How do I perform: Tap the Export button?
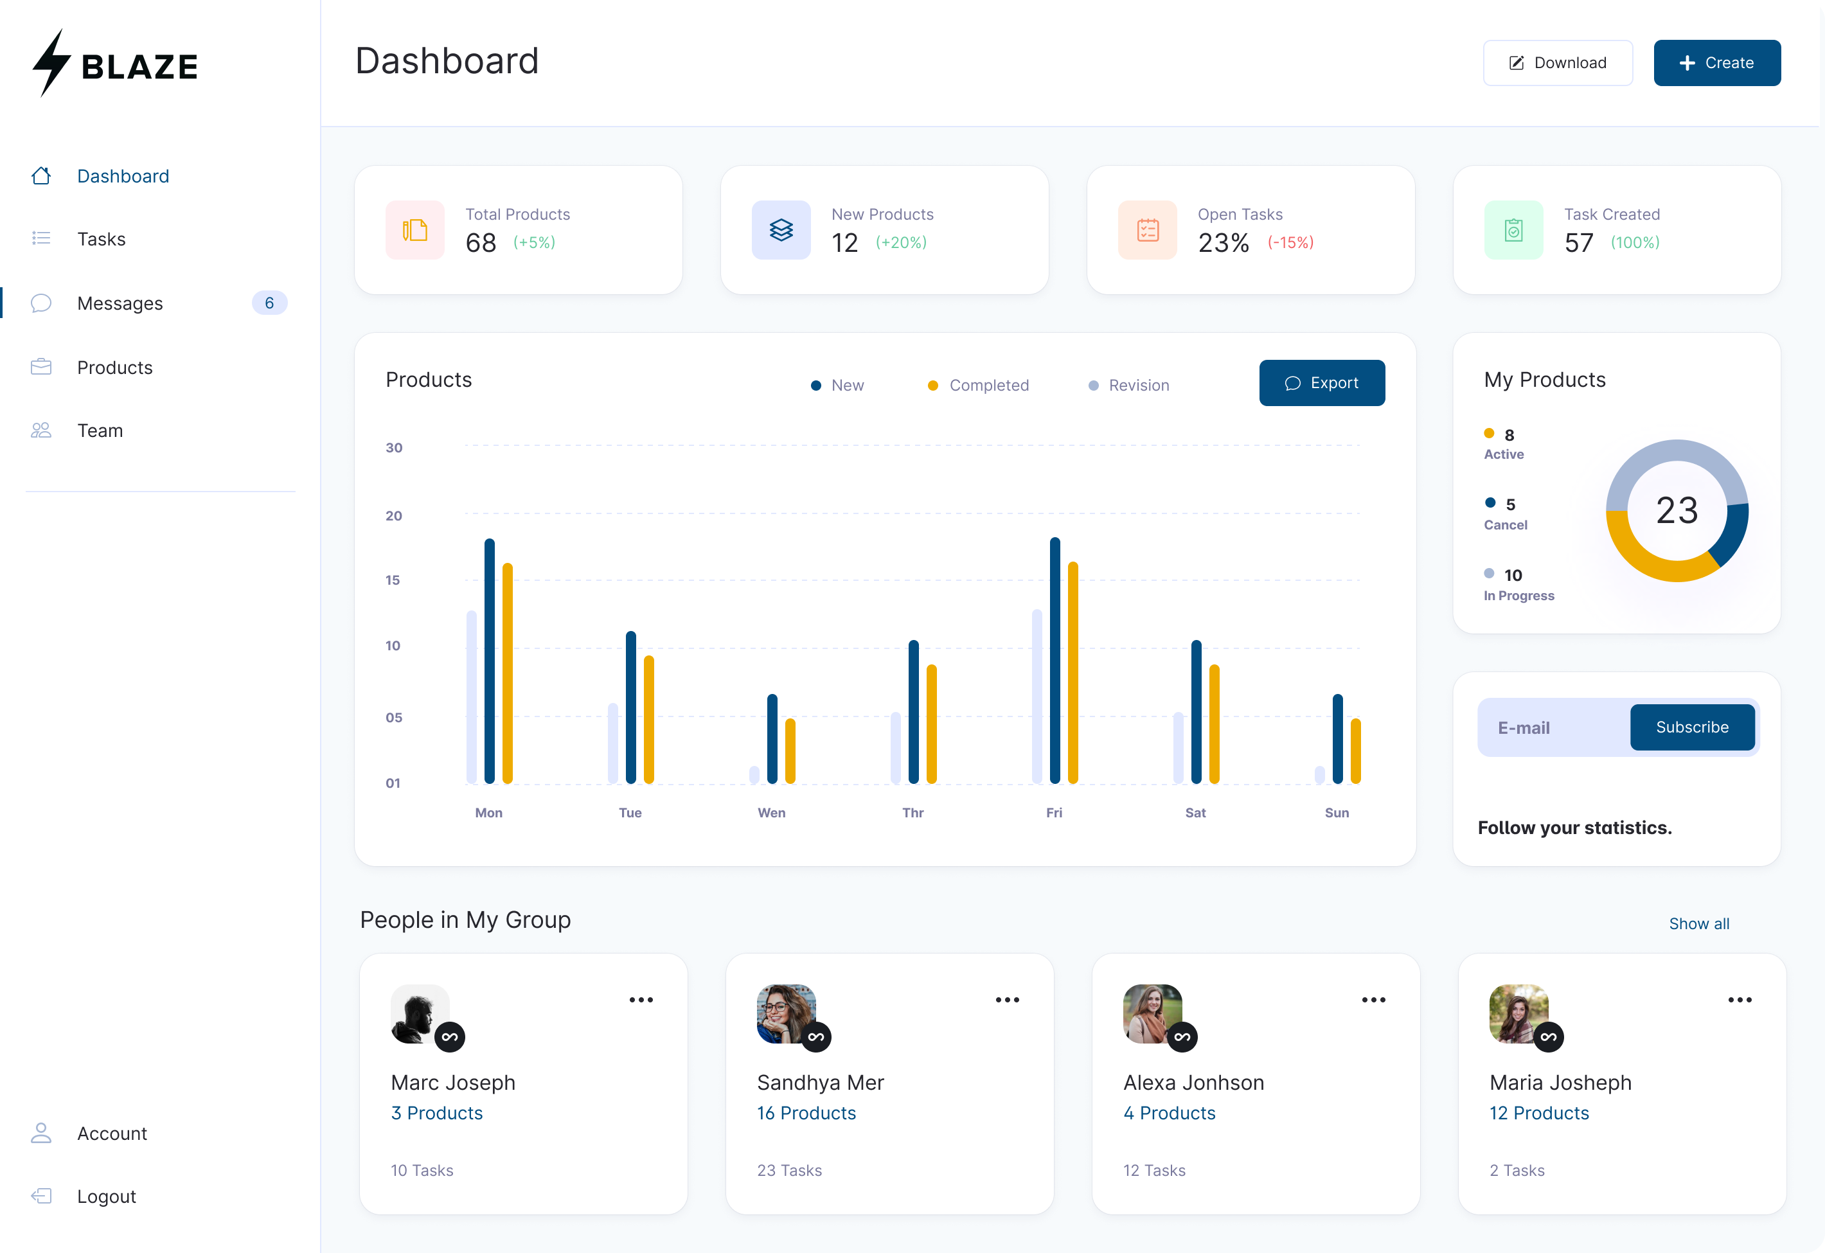[x=1322, y=383]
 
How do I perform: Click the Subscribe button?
[x=1691, y=727]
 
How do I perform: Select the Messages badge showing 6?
[x=269, y=303]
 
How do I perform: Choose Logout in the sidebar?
[x=106, y=1196]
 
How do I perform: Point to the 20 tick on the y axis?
[x=393, y=516]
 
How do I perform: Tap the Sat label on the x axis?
[x=1195, y=813]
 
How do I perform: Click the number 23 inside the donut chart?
[x=1677, y=510]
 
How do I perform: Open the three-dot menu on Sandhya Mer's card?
[x=1007, y=999]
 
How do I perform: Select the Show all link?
[x=1698, y=923]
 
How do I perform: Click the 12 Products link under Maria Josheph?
[x=1538, y=1114]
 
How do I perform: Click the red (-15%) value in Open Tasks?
[x=1290, y=243]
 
